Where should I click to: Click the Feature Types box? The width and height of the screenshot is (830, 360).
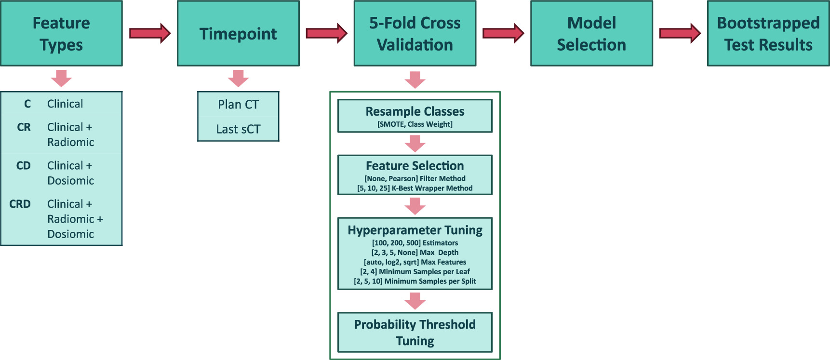coord(61,33)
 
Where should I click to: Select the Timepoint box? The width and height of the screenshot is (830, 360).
coord(238,33)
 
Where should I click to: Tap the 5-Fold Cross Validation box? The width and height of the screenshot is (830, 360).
coord(415,33)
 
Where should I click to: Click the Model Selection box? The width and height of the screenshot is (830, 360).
coord(591,33)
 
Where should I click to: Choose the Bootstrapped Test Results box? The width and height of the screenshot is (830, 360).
coord(768,33)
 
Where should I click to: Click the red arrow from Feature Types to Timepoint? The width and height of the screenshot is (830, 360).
coord(149,33)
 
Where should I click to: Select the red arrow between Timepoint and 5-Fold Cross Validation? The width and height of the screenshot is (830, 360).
coord(326,33)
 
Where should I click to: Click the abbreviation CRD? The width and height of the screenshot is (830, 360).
coord(20,204)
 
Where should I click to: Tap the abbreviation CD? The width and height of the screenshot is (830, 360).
coord(23,166)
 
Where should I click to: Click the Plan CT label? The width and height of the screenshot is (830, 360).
coord(238,105)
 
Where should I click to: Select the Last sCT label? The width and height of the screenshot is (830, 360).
coord(238,129)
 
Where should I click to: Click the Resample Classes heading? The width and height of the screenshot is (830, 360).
coord(415,111)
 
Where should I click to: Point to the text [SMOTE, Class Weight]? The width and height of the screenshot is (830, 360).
coord(415,124)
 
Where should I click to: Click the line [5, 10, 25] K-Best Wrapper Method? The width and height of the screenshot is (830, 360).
coord(415,188)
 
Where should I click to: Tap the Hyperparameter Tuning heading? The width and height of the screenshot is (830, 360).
coord(415,230)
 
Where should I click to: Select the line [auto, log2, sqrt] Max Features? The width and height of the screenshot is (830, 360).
coord(415,262)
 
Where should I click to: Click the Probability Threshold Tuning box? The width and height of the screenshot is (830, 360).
coord(415,333)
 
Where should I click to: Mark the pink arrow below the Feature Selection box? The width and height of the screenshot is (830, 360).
coord(415,206)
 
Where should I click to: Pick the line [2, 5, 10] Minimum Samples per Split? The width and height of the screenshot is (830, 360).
coord(415,281)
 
